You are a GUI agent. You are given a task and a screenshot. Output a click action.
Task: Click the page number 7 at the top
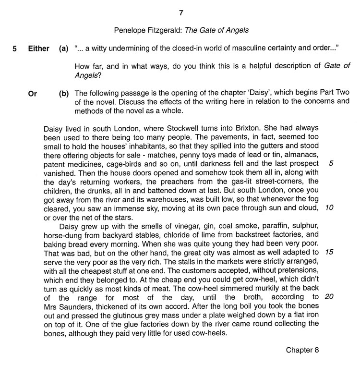point(180,12)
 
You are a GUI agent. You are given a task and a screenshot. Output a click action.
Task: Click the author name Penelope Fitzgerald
point(145,30)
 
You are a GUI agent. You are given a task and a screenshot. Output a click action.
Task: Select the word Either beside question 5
point(38,49)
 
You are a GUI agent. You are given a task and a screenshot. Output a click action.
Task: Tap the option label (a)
point(63,49)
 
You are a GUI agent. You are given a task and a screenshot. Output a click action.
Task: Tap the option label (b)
point(64,94)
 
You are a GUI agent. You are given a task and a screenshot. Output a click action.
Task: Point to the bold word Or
point(33,94)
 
